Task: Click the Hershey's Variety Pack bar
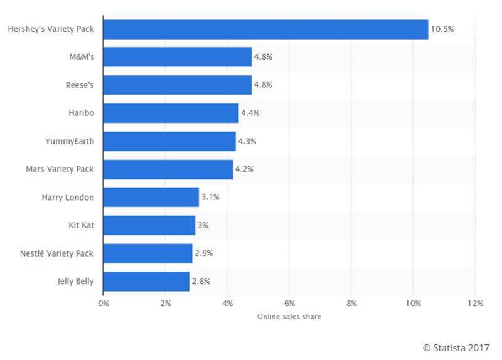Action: point(265,29)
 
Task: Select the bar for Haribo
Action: point(171,113)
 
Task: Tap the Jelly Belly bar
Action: point(146,282)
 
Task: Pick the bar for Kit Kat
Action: point(149,225)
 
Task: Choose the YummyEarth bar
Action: point(169,141)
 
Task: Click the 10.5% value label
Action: point(442,29)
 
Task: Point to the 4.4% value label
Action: point(250,113)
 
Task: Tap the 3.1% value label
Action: point(210,198)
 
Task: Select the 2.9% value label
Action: point(204,253)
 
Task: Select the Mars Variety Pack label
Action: point(60,169)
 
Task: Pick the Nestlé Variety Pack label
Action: point(57,253)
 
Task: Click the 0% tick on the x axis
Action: point(104,304)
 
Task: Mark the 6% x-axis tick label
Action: point(289,304)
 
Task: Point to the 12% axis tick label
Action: point(474,304)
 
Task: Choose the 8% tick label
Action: point(351,304)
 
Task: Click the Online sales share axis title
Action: point(289,317)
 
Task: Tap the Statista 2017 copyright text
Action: point(457,347)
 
